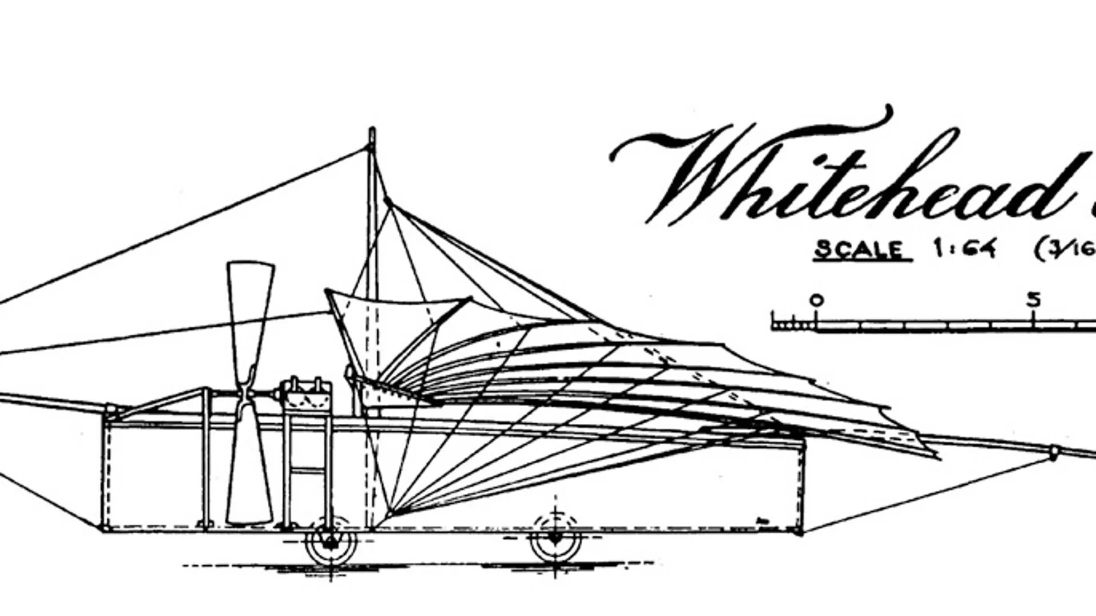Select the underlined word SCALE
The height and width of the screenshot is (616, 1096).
point(862,250)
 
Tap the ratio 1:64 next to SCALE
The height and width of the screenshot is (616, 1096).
point(965,249)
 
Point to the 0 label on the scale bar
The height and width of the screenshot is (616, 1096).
point(817,300)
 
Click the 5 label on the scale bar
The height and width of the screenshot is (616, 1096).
point(1033,300)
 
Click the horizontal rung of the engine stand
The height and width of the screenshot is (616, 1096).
point(308,471)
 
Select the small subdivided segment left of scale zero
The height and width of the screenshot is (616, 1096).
point(793,326)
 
